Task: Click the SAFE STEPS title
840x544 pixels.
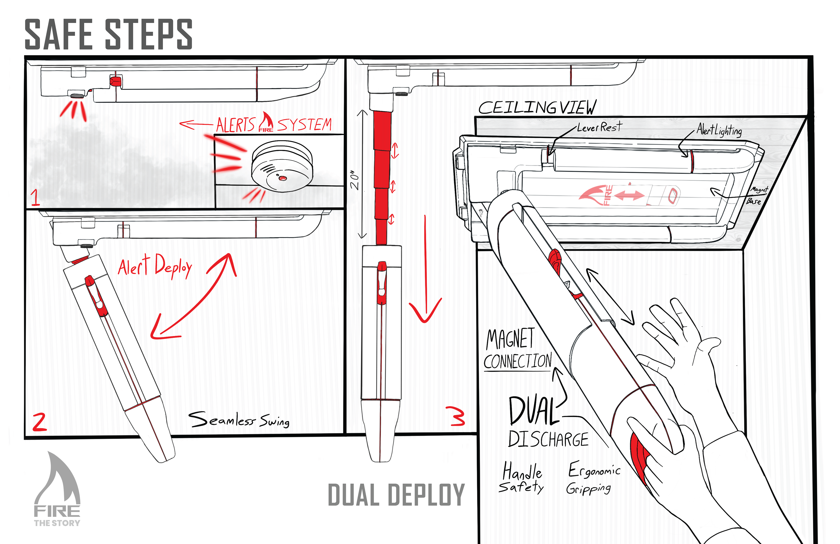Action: point(108,34)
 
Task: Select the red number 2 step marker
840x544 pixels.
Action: point(40,422)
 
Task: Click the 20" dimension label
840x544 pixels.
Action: point(355,181)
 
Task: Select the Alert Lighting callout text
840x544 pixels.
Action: point(719,130)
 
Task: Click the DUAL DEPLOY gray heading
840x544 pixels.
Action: point(396,495)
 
